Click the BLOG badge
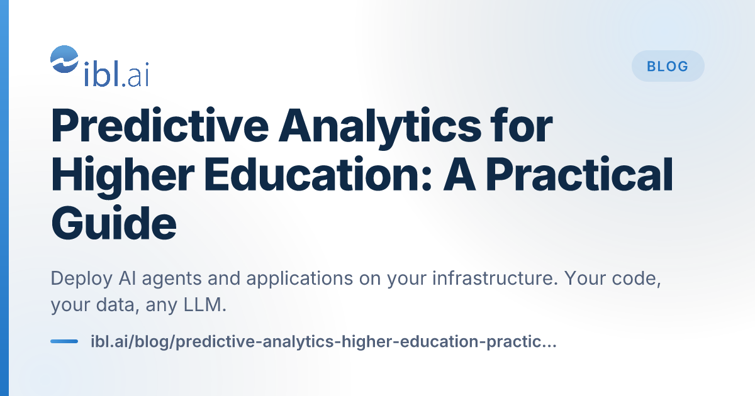coord(668,66)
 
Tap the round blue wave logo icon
coord(64,59)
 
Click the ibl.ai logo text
coord(116,74)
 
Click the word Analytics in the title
coord(380,128)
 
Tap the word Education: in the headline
coord(318,175)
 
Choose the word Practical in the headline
coord(579,175)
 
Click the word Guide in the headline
coord(114,223)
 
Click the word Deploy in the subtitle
coord(82,279)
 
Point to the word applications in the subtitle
coord(299,279)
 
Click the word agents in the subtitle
coord(171,280)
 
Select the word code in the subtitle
coord(636,279)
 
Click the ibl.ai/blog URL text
coord(323,342)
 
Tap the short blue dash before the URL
coord(64,341)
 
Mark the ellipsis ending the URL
coord(548,346)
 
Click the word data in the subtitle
coord(118,305)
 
